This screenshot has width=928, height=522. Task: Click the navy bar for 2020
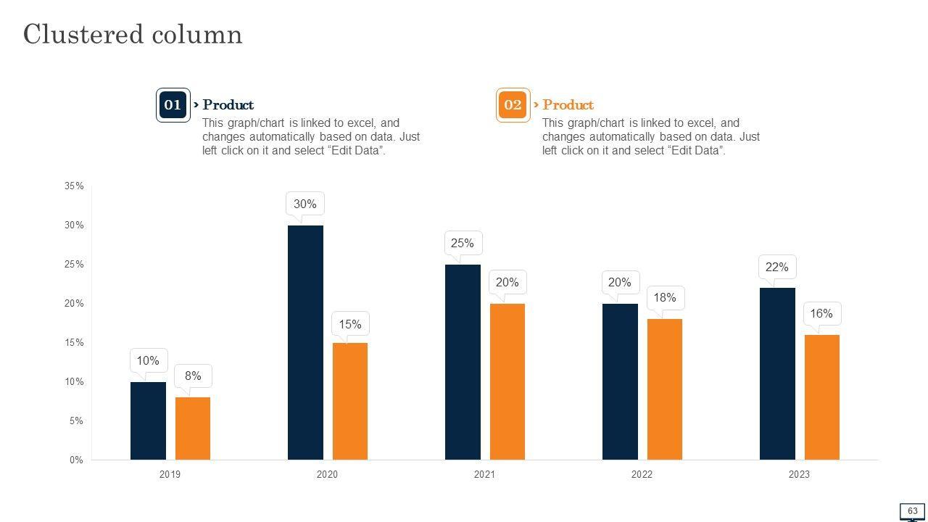[305, 342]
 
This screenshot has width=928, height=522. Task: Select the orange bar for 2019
[193, 428]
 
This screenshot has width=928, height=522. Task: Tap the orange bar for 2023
[822, 397]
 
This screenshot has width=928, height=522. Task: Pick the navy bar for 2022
[620, 381]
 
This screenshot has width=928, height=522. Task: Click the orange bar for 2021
[507, 381]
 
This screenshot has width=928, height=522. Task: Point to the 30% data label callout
[305, 204]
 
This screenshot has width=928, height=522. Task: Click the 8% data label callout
[193, 376]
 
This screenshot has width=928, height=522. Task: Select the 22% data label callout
[776, 267]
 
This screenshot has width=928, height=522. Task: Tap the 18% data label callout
[665, 297]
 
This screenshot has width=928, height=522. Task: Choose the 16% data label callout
[821, 314]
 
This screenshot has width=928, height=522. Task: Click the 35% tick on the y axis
[74, 186]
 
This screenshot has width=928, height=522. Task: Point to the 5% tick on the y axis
[76, 421]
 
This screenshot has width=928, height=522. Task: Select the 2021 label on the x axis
[484, 475]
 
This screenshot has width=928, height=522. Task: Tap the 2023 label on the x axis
[799, 475]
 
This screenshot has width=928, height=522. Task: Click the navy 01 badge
[173, 105]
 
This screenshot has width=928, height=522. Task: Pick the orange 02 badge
[513, 105]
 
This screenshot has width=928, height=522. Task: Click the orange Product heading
[568, 105]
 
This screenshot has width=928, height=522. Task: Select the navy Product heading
[228, 105]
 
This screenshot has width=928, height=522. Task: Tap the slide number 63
[912, 511]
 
